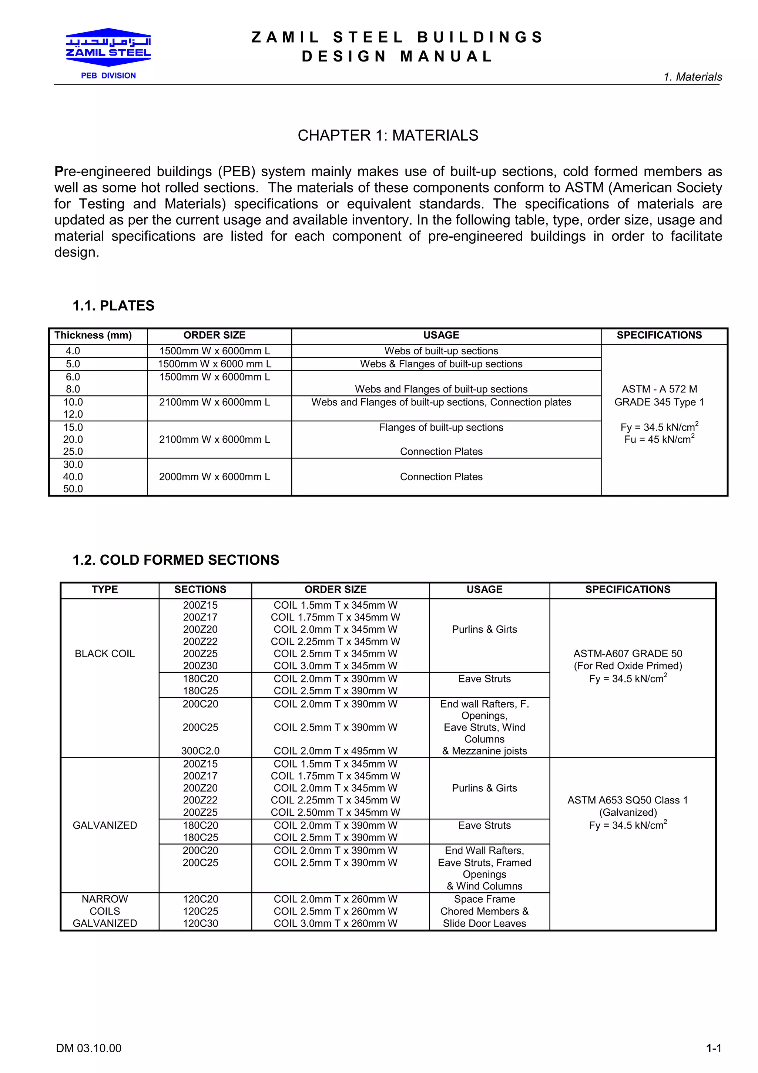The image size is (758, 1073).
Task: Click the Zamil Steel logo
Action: pyautogui.click(x=108, y=48)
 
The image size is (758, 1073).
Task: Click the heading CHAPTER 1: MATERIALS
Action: pyautogui.click(x=388, y=136)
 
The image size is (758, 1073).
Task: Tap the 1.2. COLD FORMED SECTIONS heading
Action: pyautogui.click(x=175, y=560)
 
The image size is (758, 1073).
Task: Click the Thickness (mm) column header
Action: pyautogui.click(x=93, y=335)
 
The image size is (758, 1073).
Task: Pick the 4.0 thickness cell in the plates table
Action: pyautogui.click(x=73, y=351)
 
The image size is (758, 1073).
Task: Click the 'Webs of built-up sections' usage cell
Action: pyautogui.click(x=441, y=351)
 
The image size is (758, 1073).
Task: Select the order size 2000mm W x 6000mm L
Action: pyautogui.click(x=214, y=477)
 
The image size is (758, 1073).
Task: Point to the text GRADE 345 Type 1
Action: pyautogui.click(x=658, y=402)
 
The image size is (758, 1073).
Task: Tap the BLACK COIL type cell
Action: pyautogui.click(x=105, y=654)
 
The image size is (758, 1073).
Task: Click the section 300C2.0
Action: pyautogui.click(x=200, y=751)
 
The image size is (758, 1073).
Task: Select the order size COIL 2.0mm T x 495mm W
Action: pyautogui.click(x=335, y=751)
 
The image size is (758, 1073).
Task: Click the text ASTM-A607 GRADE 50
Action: pyautogui.click(x=627, y=654)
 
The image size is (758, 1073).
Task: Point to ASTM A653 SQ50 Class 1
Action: pyautogui.click(x=627, y=800)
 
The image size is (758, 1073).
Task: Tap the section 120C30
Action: pyautogui.click(x=200, y=923)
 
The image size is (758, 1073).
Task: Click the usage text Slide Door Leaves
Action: pyautogui.click(x=484, y=923)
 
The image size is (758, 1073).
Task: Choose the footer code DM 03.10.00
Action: pyautogui.click(x=89, y=1048)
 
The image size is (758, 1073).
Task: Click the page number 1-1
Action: pyautogui.click(x=713, y=1048)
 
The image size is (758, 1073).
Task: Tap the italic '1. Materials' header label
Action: pyautogui.click(x=692, y=77)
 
